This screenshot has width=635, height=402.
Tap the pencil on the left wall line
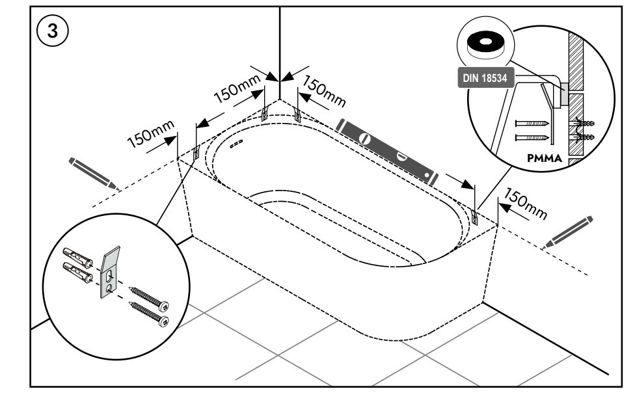point(94,172)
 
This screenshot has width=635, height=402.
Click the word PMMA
point(547,157)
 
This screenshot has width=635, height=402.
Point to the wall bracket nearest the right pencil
point(474,216)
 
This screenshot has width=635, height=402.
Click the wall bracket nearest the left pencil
point(196,153)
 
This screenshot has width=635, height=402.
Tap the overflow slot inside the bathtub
point(236,141)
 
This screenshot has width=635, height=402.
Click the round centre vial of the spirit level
point(365,139)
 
